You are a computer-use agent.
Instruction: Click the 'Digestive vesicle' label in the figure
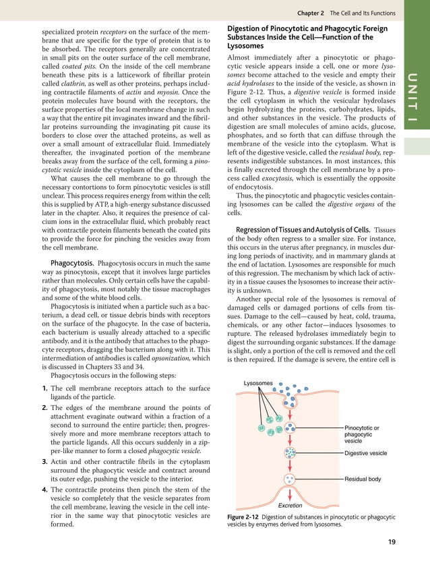click(x=365, y=453)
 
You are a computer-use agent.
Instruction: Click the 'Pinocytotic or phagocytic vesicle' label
click(x=363, y=434)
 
